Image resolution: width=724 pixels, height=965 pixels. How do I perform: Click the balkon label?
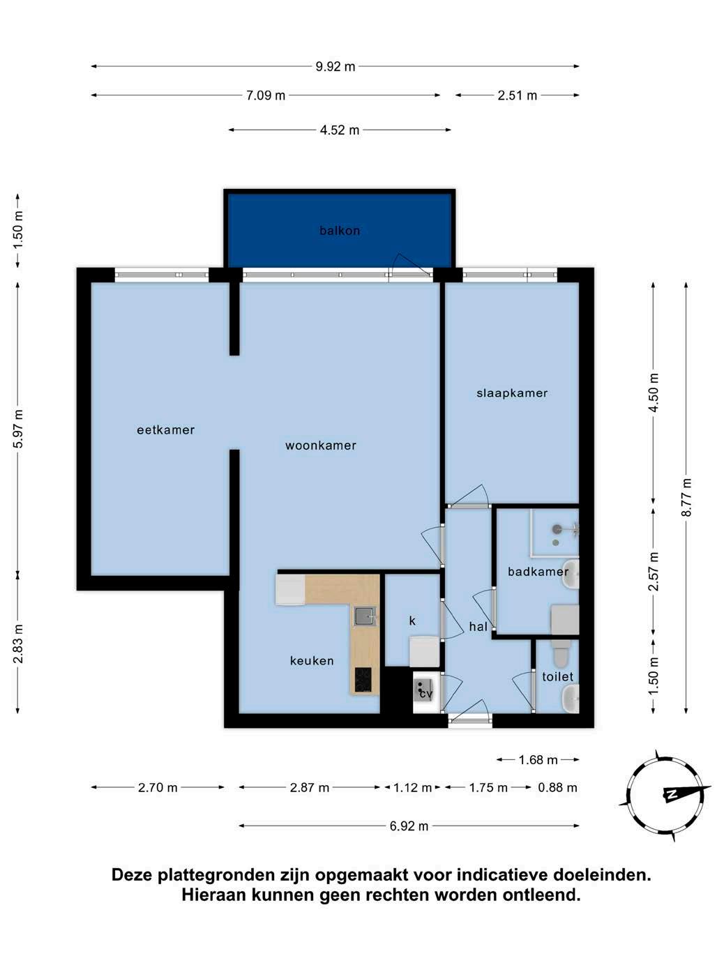click(x=340, y=230)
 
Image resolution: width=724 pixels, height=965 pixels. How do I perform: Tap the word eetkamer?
click(x=166, y=430)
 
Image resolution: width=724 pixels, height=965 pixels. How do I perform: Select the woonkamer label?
click(x=320, y=446)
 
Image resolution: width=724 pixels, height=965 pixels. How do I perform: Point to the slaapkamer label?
click(x=512, y=393)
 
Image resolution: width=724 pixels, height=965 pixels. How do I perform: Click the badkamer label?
click(x=538, y=572)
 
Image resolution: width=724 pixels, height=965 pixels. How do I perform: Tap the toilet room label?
click(x=557, y=676)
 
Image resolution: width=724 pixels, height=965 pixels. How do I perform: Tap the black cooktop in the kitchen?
click(x=363, y=679)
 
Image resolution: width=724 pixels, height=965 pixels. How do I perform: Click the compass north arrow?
click(x=684, y=793)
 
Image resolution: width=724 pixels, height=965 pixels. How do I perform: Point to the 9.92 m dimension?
click(x=335, y=67)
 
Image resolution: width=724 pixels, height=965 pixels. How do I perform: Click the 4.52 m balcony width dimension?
click(x=340, y=130)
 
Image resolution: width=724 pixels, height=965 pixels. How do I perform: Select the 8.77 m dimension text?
click(x=686, y=497)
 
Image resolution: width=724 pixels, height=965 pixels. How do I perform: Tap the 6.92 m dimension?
click(x=409, y=826)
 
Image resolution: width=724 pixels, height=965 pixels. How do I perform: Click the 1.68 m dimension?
click(x=538, y=760)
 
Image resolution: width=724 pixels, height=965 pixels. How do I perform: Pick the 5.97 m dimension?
click(x=18, y=429)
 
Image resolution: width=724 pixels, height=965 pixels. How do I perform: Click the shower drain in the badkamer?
click(x=556, y=543)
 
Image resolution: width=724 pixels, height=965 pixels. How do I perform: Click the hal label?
click(x=478, y=626)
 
